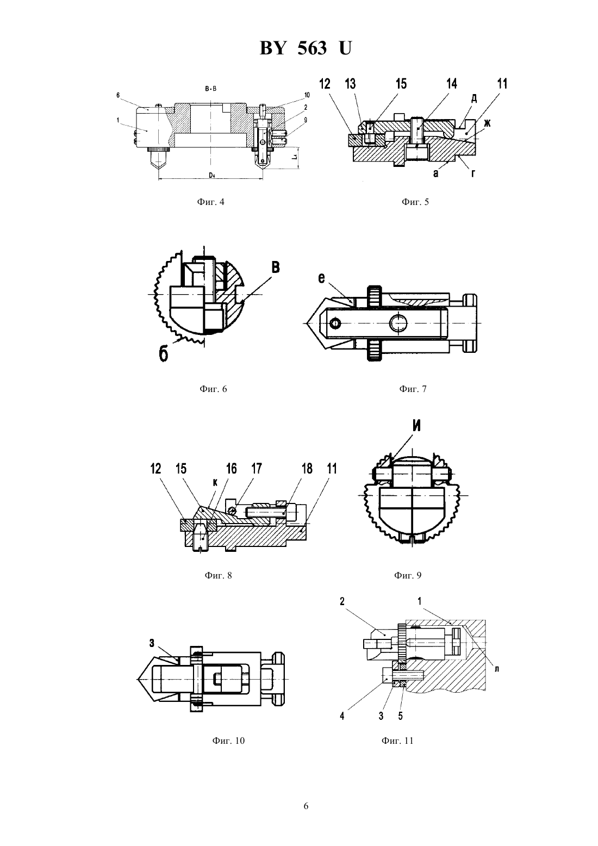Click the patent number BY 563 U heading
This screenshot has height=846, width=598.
point(306,48)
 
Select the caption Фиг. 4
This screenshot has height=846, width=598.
point(211,202)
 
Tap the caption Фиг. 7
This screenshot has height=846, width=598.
point(413,389)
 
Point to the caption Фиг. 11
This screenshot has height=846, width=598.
point(397,741)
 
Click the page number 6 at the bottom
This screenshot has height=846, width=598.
point(306,806)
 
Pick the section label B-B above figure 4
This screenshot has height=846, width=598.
point(211,89)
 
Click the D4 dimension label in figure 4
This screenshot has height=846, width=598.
point(212,175)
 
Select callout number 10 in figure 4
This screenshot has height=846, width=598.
point(307,95)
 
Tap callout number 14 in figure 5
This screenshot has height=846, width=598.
point(452,84)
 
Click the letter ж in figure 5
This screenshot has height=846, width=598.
point(487,123)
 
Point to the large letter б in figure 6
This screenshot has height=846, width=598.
point(163,354)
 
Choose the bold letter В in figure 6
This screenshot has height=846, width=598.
point(276,268)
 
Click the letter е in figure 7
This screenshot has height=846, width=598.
point(321,278)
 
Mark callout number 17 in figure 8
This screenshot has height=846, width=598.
point(257,469)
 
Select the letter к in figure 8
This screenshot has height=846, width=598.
point(215,482)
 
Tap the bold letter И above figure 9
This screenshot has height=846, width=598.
point(416,426)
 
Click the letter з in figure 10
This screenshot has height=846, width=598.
point(152,643)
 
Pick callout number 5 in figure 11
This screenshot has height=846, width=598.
point(400,716)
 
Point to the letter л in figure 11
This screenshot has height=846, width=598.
point(497,669)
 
